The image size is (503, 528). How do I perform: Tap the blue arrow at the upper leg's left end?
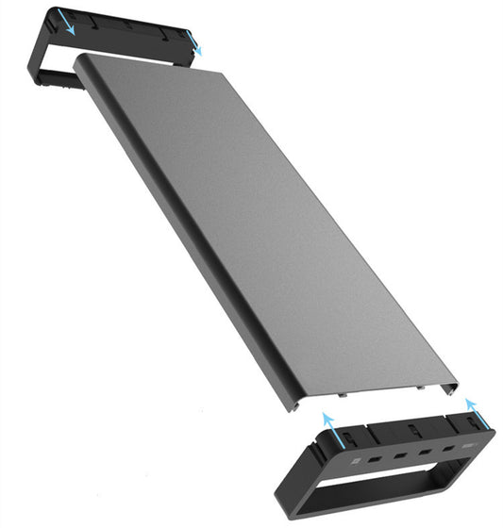[65, 22]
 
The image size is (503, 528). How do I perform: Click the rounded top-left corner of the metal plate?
[81, 58]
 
